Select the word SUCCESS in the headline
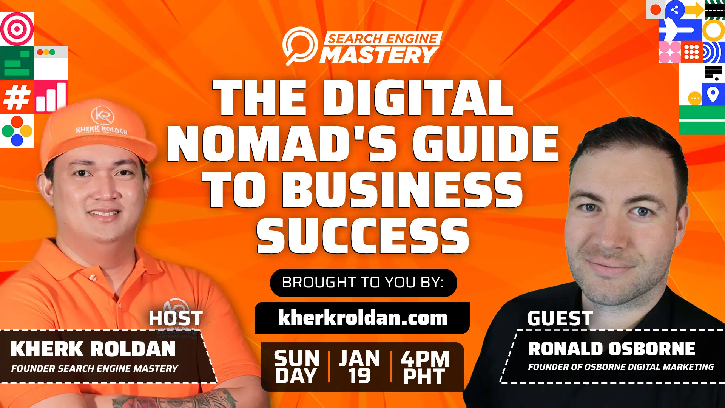(x=362, y=236)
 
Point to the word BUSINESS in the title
(x=403, y=190)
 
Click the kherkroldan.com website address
(x=362, y=318)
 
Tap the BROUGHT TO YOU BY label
(x=363, y=283)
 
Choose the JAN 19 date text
(x=359, y=367)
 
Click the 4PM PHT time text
(x=425, y=367)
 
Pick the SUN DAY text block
(x=296, y=367)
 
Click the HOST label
(x=176, y=318)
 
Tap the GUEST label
(x=560, y=318)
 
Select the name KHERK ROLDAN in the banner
(x=93, y=349)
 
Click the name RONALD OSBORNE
(x=612, y=349)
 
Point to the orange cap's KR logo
(x=102, y=114)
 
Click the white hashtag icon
(x=16, y=97)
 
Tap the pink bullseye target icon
(x=17, y=29)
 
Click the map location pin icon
(x=713, y=94)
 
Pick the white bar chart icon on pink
(x=51, y=97)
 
